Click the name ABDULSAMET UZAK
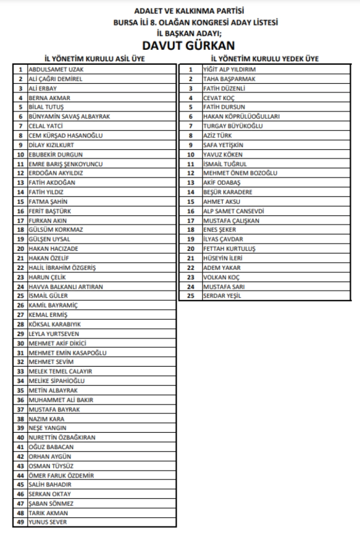[x=52, y=70]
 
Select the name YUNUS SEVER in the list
[x=47, y=522]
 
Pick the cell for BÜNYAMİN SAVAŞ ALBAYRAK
[x=69, y=116]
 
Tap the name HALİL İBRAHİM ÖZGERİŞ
[x=62, y=267]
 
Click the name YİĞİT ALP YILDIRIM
[x=229, y=70]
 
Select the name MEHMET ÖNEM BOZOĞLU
[x=240, y=173]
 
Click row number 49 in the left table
[x=20, y=522]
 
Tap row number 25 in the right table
[x=191, y=296]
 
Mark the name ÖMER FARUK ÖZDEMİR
[x=61, y=475]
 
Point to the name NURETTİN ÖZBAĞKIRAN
[x=62, y=437]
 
